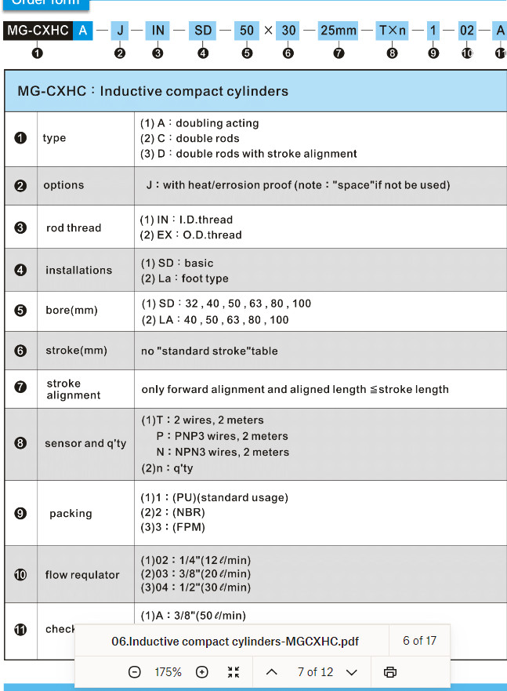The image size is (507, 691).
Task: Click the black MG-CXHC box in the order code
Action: click(38, 31)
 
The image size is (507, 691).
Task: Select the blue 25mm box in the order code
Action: click(338, 31)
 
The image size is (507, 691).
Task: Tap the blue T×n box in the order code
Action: click(393, 31)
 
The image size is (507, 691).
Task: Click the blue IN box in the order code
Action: click(158, 31)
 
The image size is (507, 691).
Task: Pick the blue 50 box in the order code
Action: click(247, 31)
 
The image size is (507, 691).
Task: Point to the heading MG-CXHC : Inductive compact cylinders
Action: click(153, 91)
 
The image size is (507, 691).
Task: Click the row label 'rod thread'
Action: click(74, 227)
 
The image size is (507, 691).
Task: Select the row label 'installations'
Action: click(78, 270)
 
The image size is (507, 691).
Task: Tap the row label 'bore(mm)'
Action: click(71, 310)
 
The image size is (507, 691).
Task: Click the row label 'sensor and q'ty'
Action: click(85, 443)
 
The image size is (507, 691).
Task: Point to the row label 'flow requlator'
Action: click(82, 574)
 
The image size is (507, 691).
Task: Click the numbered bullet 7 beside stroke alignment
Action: click(20, 388)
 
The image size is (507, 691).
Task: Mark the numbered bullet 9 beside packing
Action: click(20, 513)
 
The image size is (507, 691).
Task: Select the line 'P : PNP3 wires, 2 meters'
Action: click(222, 436)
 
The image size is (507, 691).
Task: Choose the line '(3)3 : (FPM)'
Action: click(172, 527)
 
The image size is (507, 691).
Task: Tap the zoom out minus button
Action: click(134, 672)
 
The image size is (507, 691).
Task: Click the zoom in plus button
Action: click(202, 672)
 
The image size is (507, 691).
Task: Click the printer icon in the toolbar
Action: click(390, 672)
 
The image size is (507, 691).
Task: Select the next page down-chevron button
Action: click(351, 672)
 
